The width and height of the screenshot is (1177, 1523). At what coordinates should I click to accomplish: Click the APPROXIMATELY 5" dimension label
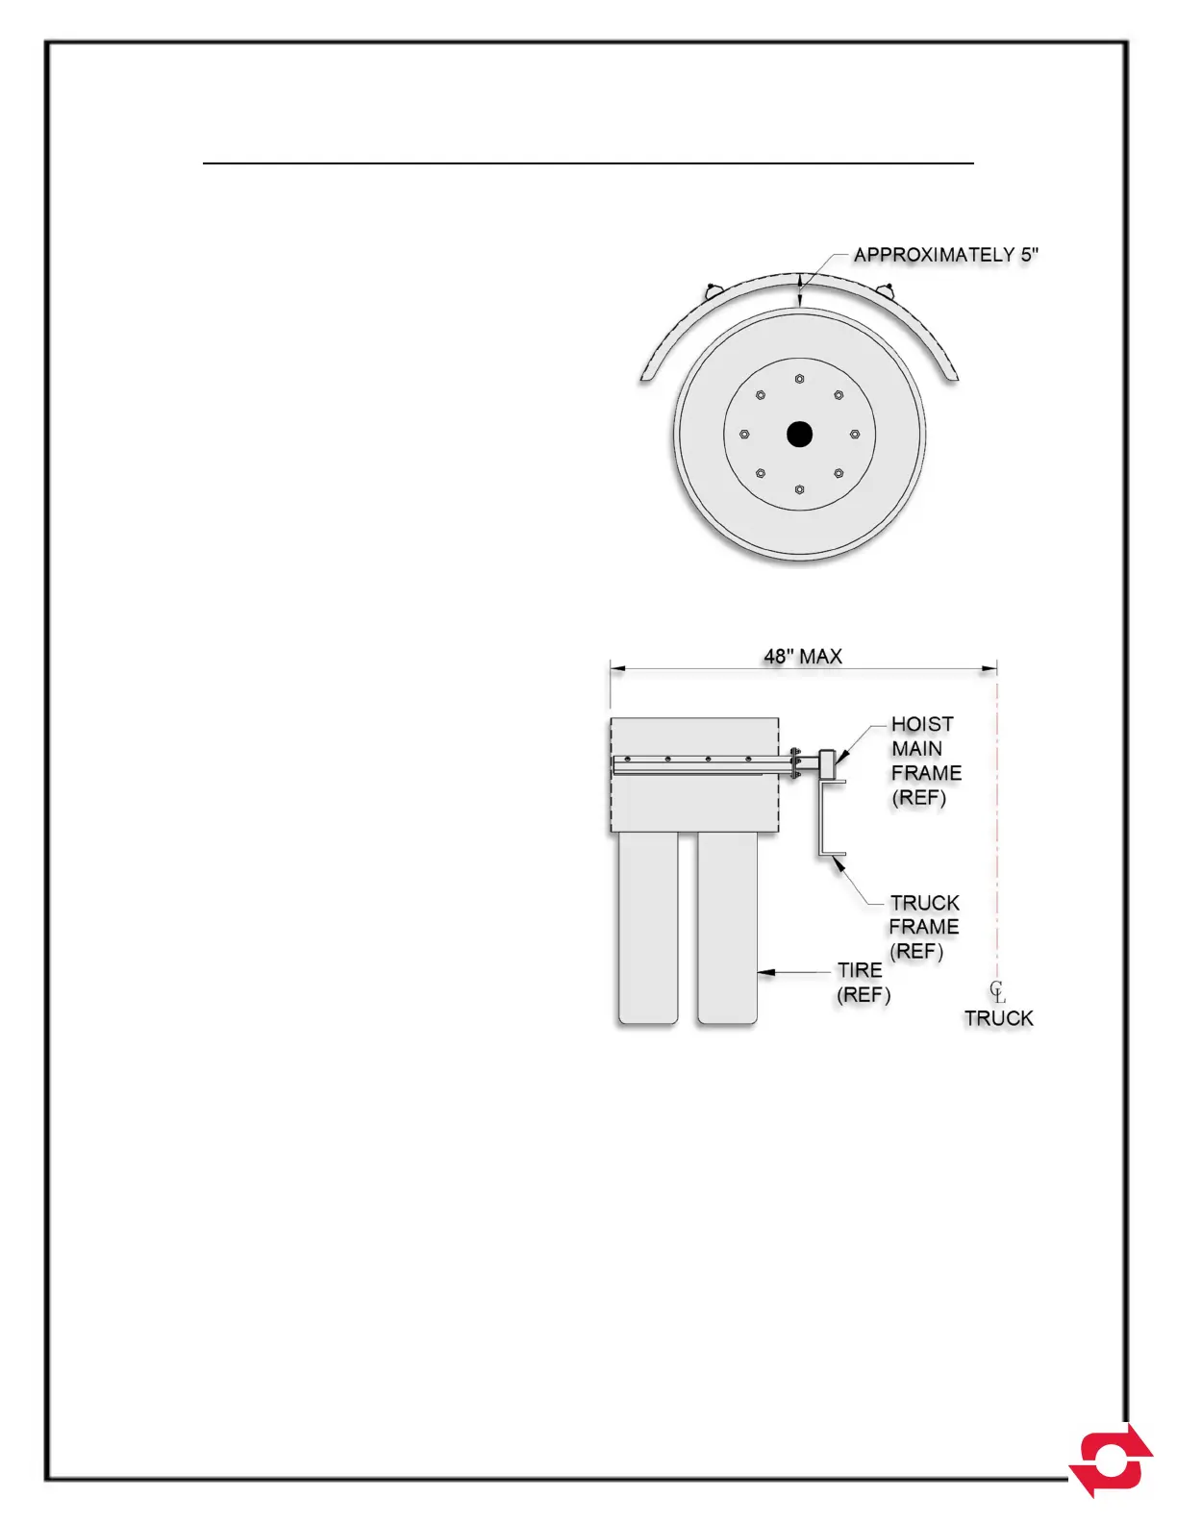point(946,255)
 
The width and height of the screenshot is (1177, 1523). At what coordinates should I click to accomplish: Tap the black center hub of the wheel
point(799,435)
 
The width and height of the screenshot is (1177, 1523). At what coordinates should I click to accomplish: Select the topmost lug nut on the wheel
point(799,379)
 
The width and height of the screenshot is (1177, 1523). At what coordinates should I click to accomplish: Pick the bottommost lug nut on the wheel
point(799,489)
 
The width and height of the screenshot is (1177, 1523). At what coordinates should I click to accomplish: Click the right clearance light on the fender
point(887,287)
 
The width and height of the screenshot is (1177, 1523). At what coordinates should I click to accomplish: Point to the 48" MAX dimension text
point(803,657)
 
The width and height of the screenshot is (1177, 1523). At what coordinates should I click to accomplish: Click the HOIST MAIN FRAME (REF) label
point(925,761)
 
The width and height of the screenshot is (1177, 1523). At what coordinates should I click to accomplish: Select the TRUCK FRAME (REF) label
point(924,927)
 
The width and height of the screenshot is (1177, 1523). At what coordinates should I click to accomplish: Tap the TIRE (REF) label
point(863,983)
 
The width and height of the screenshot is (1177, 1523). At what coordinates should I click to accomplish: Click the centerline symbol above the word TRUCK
point(997,990)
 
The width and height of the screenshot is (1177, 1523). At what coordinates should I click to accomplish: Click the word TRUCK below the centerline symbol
point(999,1018)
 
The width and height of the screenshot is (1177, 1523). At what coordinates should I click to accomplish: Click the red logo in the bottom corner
point(1114,1460)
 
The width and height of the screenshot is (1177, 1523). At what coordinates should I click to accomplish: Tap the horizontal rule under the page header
point(588,164)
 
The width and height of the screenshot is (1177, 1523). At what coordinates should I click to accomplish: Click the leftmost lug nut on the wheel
point(744,435)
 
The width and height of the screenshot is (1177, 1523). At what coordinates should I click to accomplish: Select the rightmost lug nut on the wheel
point(854,435)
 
